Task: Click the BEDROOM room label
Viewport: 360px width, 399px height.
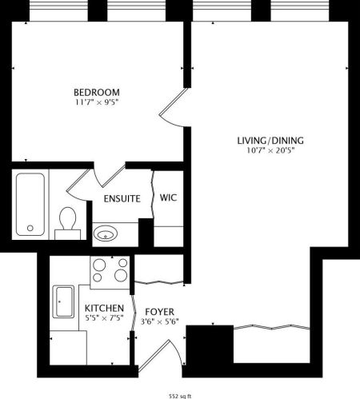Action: point(96,91)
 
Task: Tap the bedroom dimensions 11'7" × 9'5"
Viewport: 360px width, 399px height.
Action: point(96,102)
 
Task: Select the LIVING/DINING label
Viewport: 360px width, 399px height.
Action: point(270,141)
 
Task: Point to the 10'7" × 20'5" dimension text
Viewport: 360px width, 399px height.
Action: point(270,151)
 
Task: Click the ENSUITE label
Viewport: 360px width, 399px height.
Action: point(122,198)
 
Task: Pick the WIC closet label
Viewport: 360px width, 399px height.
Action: point(169,198)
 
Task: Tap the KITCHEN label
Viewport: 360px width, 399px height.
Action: point(104,309)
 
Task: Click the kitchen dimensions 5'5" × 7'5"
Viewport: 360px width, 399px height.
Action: point(104,318)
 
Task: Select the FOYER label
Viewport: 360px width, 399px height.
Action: point(160,311)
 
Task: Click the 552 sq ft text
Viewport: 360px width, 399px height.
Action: point(180,395)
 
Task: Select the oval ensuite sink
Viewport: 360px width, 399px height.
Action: point(105,233)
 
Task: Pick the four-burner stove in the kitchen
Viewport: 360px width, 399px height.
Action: point(110,271)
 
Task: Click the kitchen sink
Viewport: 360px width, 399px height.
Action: point(64,302)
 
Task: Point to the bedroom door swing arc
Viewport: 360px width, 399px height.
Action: point(174,110)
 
